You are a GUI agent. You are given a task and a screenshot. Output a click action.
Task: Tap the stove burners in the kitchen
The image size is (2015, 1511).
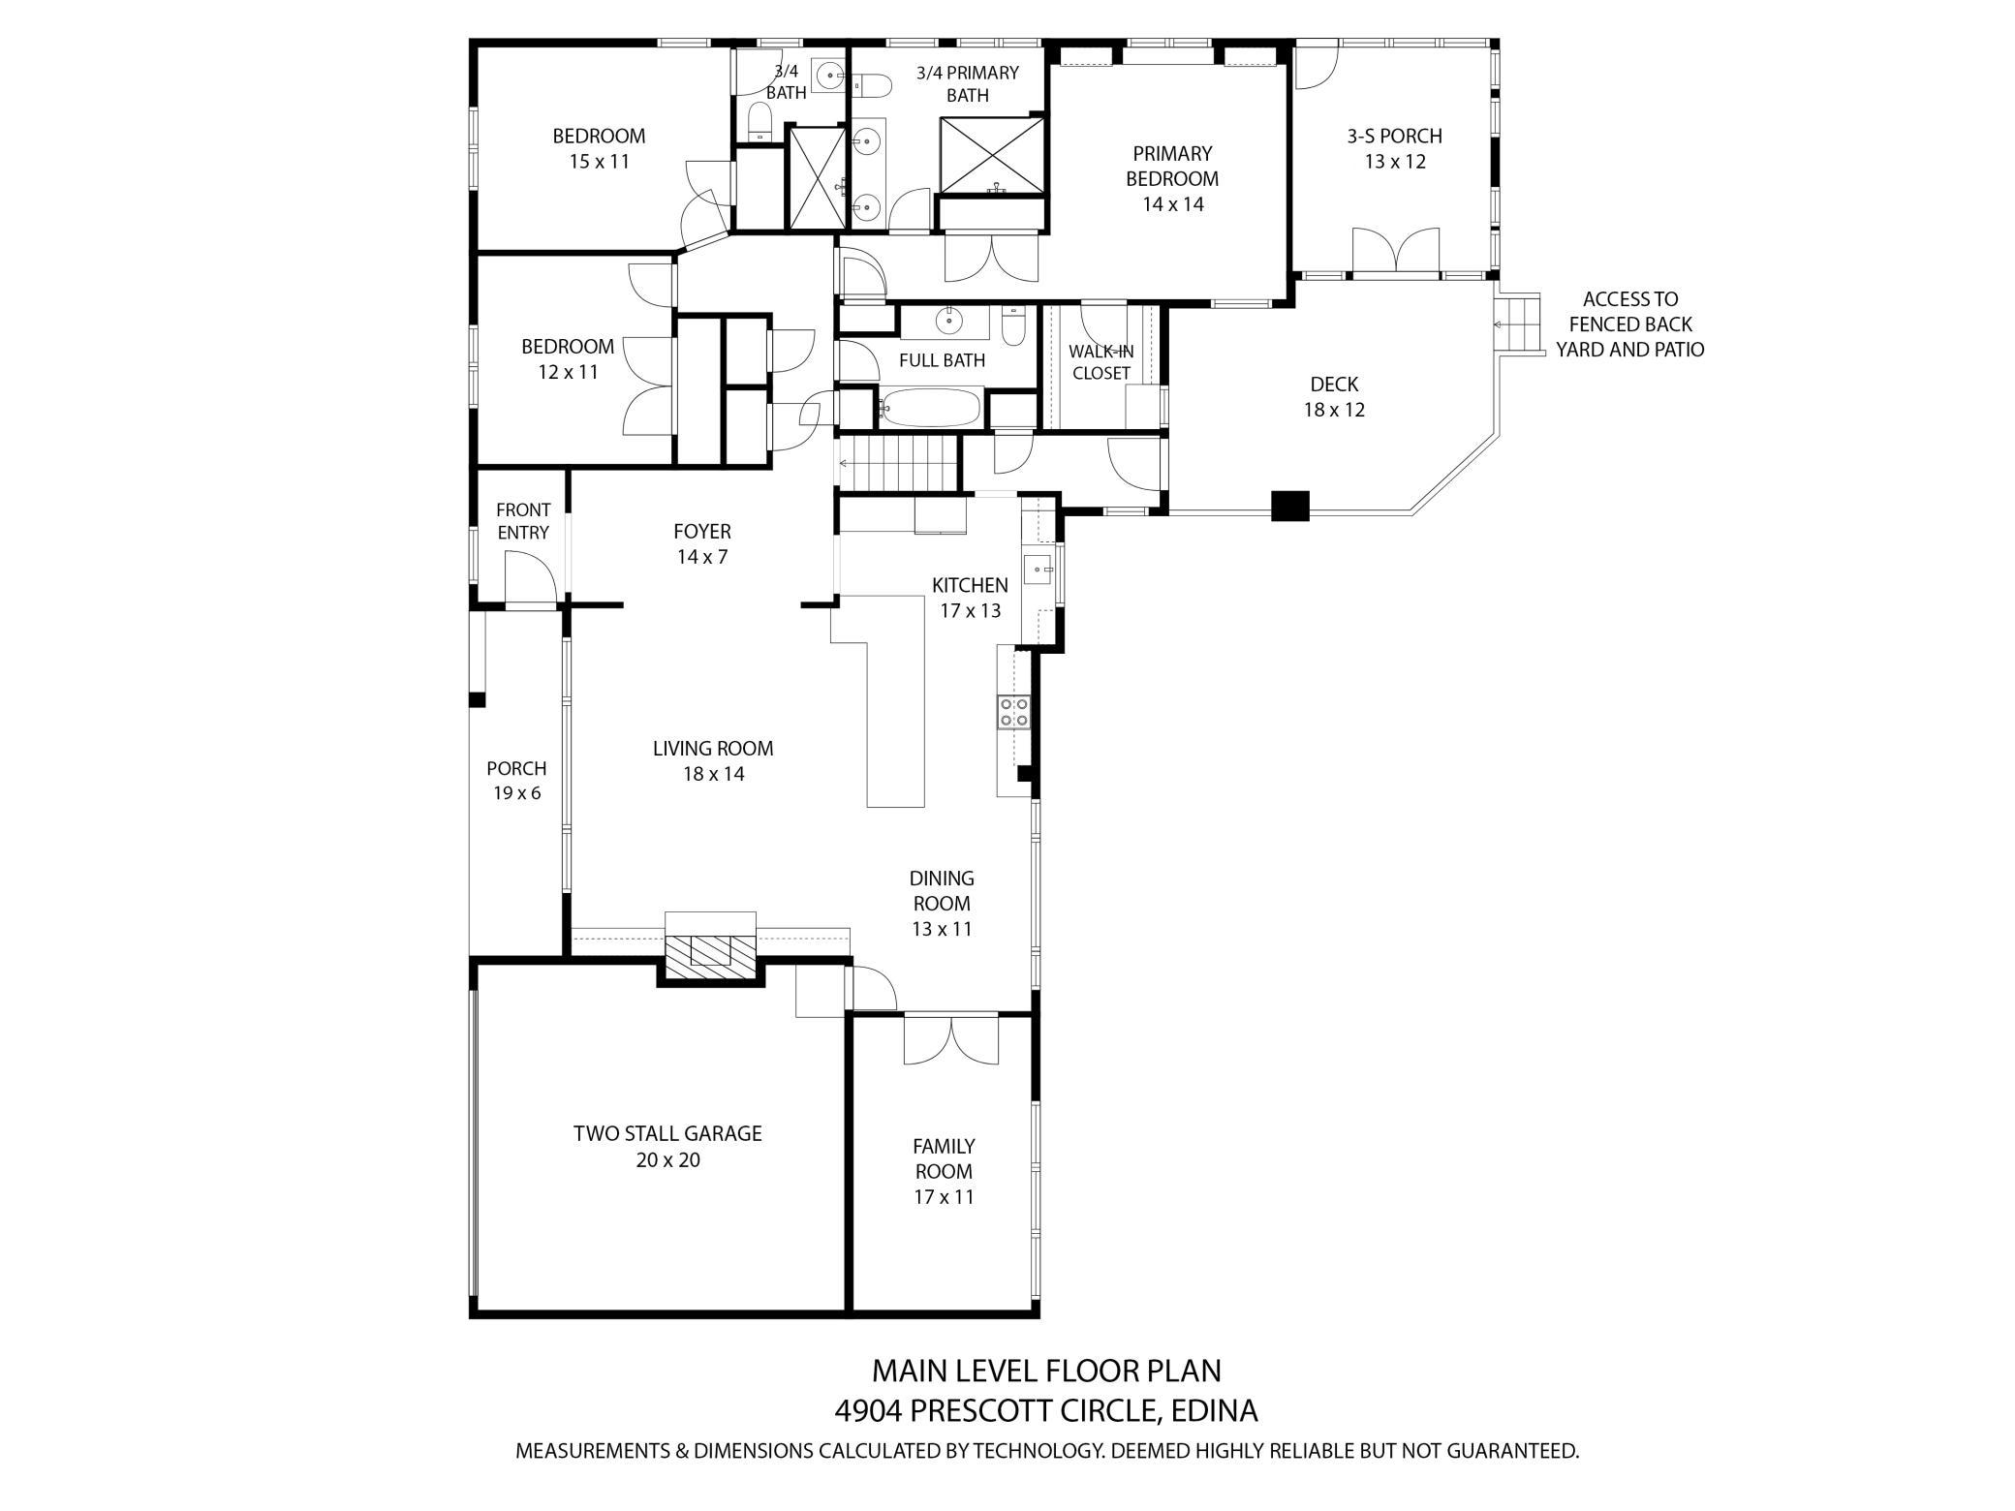pyautogui.click(x=1014, y=712)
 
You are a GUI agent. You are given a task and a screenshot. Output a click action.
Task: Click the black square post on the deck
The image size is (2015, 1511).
pyautogui.click(x=1289, y=507)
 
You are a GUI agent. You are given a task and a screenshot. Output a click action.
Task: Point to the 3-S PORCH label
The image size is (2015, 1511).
pyautogui.click(x=1394, y=137)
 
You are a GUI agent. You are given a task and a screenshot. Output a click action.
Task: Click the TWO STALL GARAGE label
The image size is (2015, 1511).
pyautogui.click(x=667, y=1133)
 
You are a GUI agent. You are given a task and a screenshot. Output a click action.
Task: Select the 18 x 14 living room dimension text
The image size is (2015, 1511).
pyautogui.click(x=713, y=774)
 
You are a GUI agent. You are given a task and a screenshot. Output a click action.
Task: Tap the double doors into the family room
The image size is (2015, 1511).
pyautogui.click(x=950, y=1040)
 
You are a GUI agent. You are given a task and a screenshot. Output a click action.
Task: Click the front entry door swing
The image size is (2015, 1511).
pyautogui.click(x=531, y=577)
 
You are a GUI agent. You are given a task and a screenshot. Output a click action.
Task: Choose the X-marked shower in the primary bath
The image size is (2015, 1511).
pyautogui.click(x=992, y=155)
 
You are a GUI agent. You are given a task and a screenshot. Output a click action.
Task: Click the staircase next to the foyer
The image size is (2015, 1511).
pyautogui.click(x=897, y=464)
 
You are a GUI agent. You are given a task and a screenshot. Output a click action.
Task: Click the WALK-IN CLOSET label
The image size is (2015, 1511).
pyautogui.click(x=1100, y=362)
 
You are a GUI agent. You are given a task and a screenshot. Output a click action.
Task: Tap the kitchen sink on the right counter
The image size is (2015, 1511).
pyautogui.click(x=1038, y=569)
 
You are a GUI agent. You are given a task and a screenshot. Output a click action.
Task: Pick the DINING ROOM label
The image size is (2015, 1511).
pyautogui.click(x=941, y=890)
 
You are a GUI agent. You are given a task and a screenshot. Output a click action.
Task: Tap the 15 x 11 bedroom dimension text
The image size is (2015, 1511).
pyautogui.click(x=599, y=162)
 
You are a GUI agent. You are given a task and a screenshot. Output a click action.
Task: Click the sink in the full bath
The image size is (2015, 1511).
pyautogui.click(x=949, y=319)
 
